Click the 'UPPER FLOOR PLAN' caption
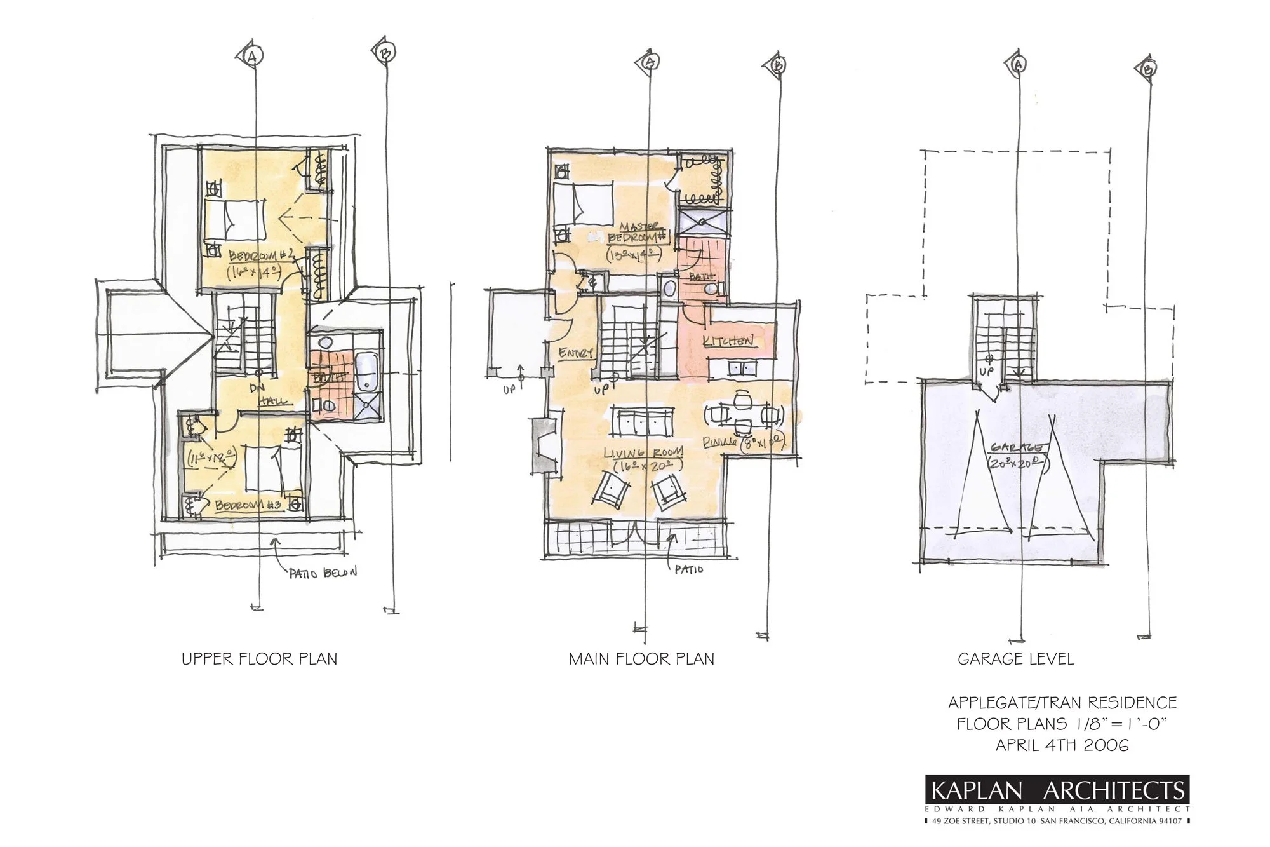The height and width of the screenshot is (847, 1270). (x=259, y=659)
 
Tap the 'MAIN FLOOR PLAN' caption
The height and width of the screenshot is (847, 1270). (x=641, y=659)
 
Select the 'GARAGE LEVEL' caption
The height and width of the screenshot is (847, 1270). (x=1016, y=659)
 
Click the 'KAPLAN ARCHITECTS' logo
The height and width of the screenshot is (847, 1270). (x=1058, y=791)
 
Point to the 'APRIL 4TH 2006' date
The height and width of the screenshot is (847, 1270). (x=1062, y=745)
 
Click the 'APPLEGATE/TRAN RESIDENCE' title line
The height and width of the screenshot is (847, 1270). (x=1062, y=703)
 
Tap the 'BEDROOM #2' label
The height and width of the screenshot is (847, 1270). (x=260, y=255)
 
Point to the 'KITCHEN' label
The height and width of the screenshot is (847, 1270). (x=728, y=341)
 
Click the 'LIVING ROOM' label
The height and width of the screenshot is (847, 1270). (x=643, y=453)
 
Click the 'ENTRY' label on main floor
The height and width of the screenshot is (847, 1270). (x=576, y=352)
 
